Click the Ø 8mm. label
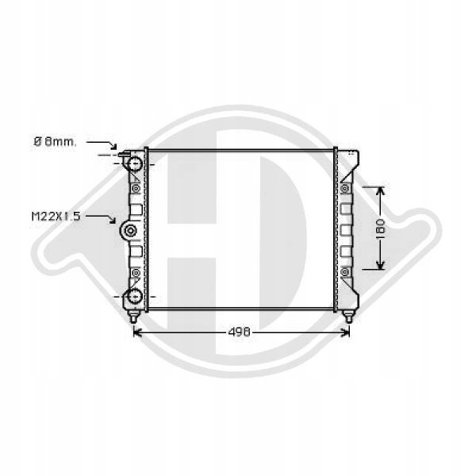[x=55, y=141]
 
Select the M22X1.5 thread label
[x=56, y=217]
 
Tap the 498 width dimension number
[x=240, y=332]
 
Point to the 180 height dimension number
[x=380, y=228]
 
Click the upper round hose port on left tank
[x=135, y=164]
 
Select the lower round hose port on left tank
[x=134, y=296]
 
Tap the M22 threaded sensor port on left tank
[x=130, y=231]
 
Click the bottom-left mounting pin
[x=133, y=317]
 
